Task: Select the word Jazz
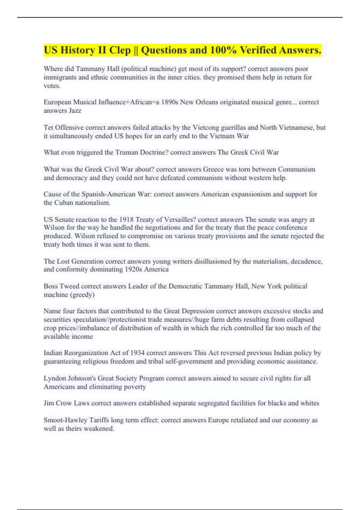click(x=75, y=111)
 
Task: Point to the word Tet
click(x=48, y=127)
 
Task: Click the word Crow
click(x=64, y=403)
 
